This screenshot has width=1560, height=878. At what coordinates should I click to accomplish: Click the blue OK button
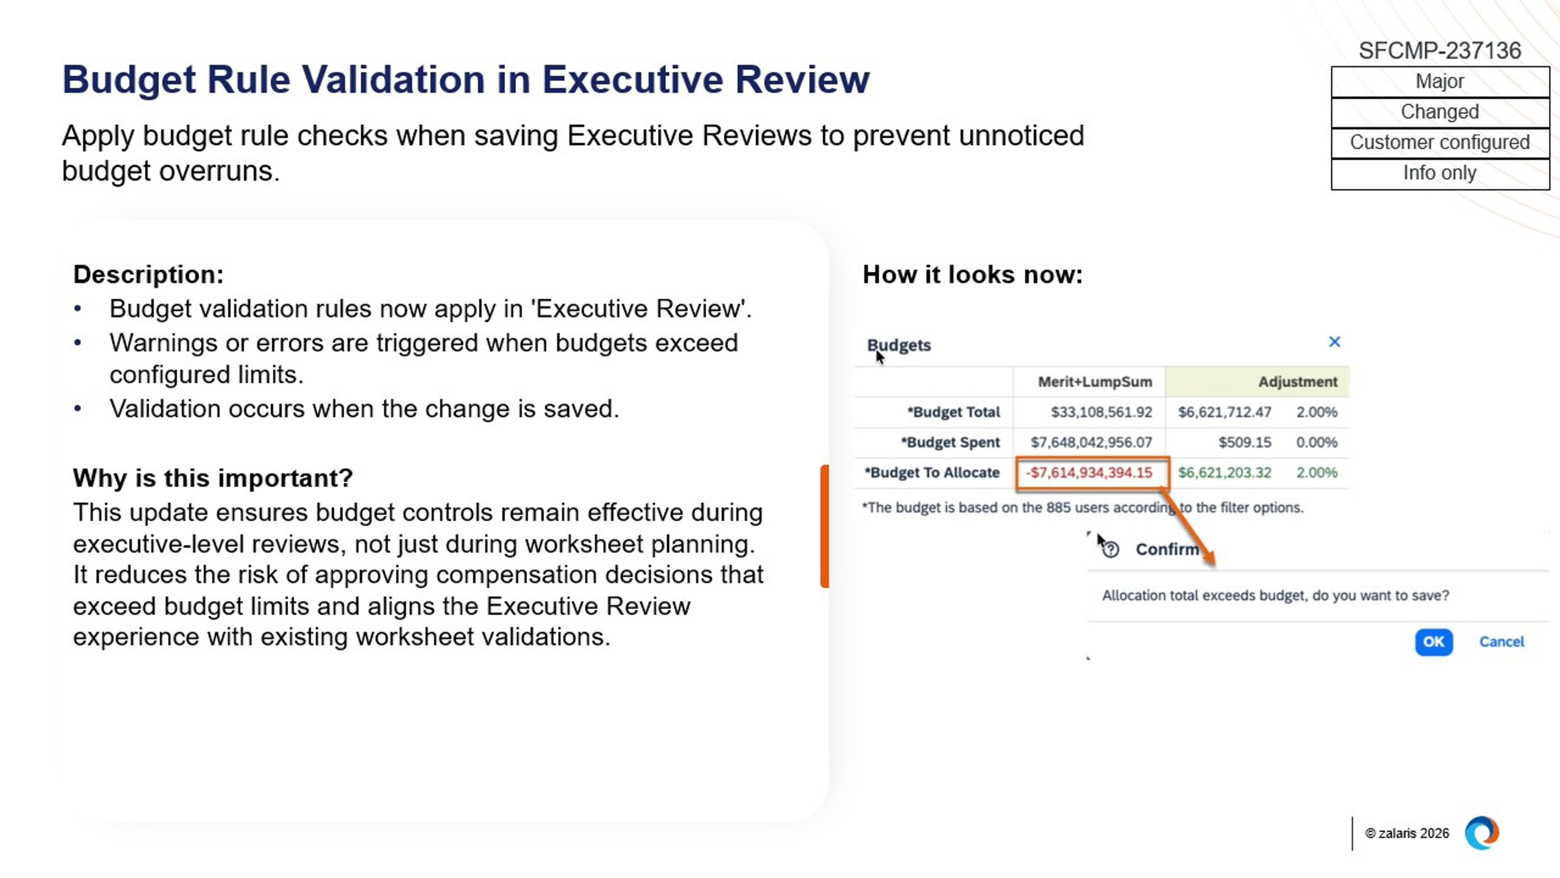tap(1433, 642)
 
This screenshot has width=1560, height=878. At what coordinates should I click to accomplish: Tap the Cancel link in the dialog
tap(1501, 642)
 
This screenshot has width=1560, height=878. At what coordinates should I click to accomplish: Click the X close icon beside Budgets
tap(1334, 342)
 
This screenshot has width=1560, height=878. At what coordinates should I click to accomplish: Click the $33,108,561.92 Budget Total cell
tap(1101, 412)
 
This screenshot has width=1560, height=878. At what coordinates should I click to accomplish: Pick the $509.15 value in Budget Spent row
tap(1244, 442)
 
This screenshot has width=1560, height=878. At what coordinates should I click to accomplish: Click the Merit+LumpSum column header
tap(1094, 382)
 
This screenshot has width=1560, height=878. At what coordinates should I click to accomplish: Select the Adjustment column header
tap(1297, 382)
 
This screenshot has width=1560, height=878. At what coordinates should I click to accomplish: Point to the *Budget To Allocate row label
tap(932, 473)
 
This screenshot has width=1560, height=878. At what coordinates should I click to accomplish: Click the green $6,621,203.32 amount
tap(1224, 473)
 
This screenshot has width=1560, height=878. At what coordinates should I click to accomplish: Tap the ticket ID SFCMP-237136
tap(1439, 51)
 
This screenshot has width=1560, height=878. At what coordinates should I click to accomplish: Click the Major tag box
tap(1439, 82)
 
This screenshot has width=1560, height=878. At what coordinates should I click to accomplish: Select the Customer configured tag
tap(1439, 142)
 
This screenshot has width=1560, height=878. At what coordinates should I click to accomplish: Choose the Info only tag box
tap(1439, 173)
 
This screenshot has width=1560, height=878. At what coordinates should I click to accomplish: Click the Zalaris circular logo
tap(1481, 833)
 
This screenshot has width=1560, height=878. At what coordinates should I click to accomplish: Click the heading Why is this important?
tap(212, 478)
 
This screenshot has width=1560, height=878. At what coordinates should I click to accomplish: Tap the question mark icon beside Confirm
tap(1111, 550)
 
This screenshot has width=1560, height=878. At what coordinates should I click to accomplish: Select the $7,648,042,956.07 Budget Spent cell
tap(1091, 442)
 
